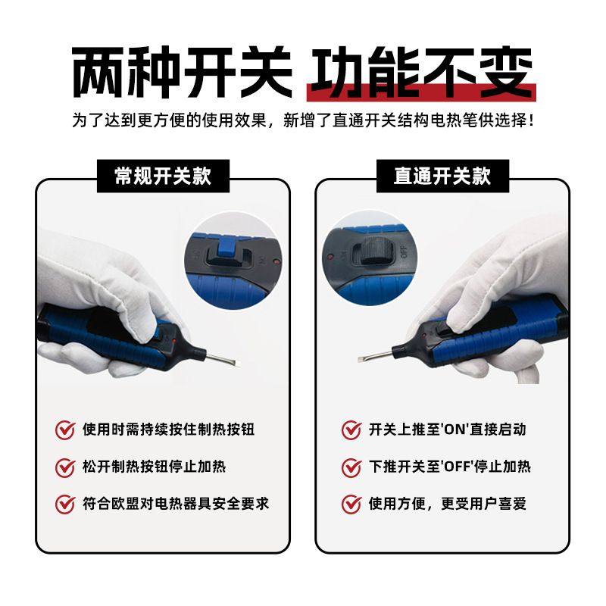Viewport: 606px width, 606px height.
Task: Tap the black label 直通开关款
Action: pyautogui.click(x=442, y=176)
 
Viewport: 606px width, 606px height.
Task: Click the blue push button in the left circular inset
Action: pyautogui.click(x=225, y=250)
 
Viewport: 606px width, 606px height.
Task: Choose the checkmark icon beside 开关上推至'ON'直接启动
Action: pyautogui.click(x=351, y=430)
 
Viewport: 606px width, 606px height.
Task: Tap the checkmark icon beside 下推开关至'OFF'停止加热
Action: pyautogui.click(x=351, y=467)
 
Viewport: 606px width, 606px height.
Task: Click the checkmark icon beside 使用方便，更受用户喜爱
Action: pyautogui.click(x=351, y=504)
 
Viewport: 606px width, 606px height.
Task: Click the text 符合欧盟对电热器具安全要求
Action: pyautogui.click(x=176, y=503)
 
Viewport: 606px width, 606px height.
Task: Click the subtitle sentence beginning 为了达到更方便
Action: pyautogui.click(x=303, y=120)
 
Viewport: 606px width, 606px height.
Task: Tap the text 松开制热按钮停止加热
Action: pyautogui.click(x=154, y=467)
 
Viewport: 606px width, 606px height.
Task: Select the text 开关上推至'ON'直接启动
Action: pyautogui.click(x=447, y=430)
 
